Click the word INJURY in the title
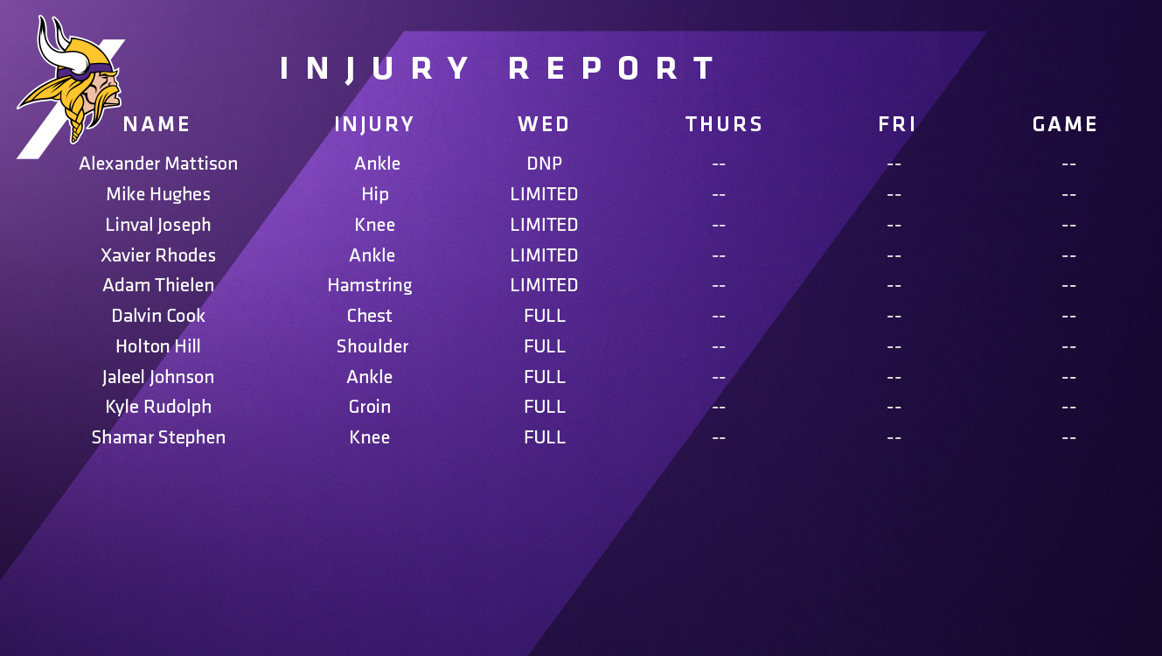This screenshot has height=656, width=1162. [374, 68]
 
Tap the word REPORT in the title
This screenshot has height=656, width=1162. [612, 68]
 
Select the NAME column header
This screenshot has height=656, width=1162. [157, 124]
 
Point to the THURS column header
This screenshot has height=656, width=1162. [724, 124]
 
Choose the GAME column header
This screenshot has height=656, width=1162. [1065, 124]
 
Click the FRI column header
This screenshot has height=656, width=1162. [897, 124]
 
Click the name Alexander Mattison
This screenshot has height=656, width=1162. [158, 164]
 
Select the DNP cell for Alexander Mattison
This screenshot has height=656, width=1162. [544, 164]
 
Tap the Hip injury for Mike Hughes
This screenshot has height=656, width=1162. [375, 195]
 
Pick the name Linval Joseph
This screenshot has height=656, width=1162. [158, 226]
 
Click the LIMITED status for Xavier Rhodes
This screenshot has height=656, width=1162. [544, 255]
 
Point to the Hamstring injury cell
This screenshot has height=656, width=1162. [370, 286]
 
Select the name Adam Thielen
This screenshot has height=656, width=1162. [158, 285]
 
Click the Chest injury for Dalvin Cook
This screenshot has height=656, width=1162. [369, 316]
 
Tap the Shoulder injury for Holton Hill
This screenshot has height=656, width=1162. [372, 346]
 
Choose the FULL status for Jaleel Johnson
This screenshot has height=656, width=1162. [545, 377]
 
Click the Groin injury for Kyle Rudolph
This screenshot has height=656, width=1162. [369, 407]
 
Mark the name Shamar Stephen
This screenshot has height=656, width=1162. [159, 438]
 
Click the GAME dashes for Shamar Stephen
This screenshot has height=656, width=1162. [1068, 438]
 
